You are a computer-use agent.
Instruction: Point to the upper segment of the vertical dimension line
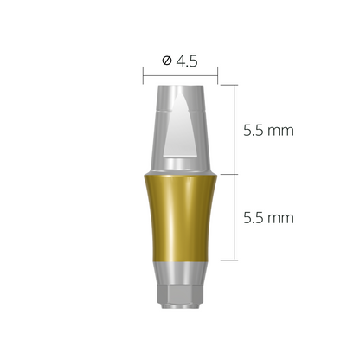point(236,130)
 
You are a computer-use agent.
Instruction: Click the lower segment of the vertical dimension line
point(236,216)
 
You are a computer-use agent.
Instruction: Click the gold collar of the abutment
point(179,216)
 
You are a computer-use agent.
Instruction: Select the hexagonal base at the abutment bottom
point(179,299)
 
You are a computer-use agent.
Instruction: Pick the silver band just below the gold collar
point(179,270)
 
